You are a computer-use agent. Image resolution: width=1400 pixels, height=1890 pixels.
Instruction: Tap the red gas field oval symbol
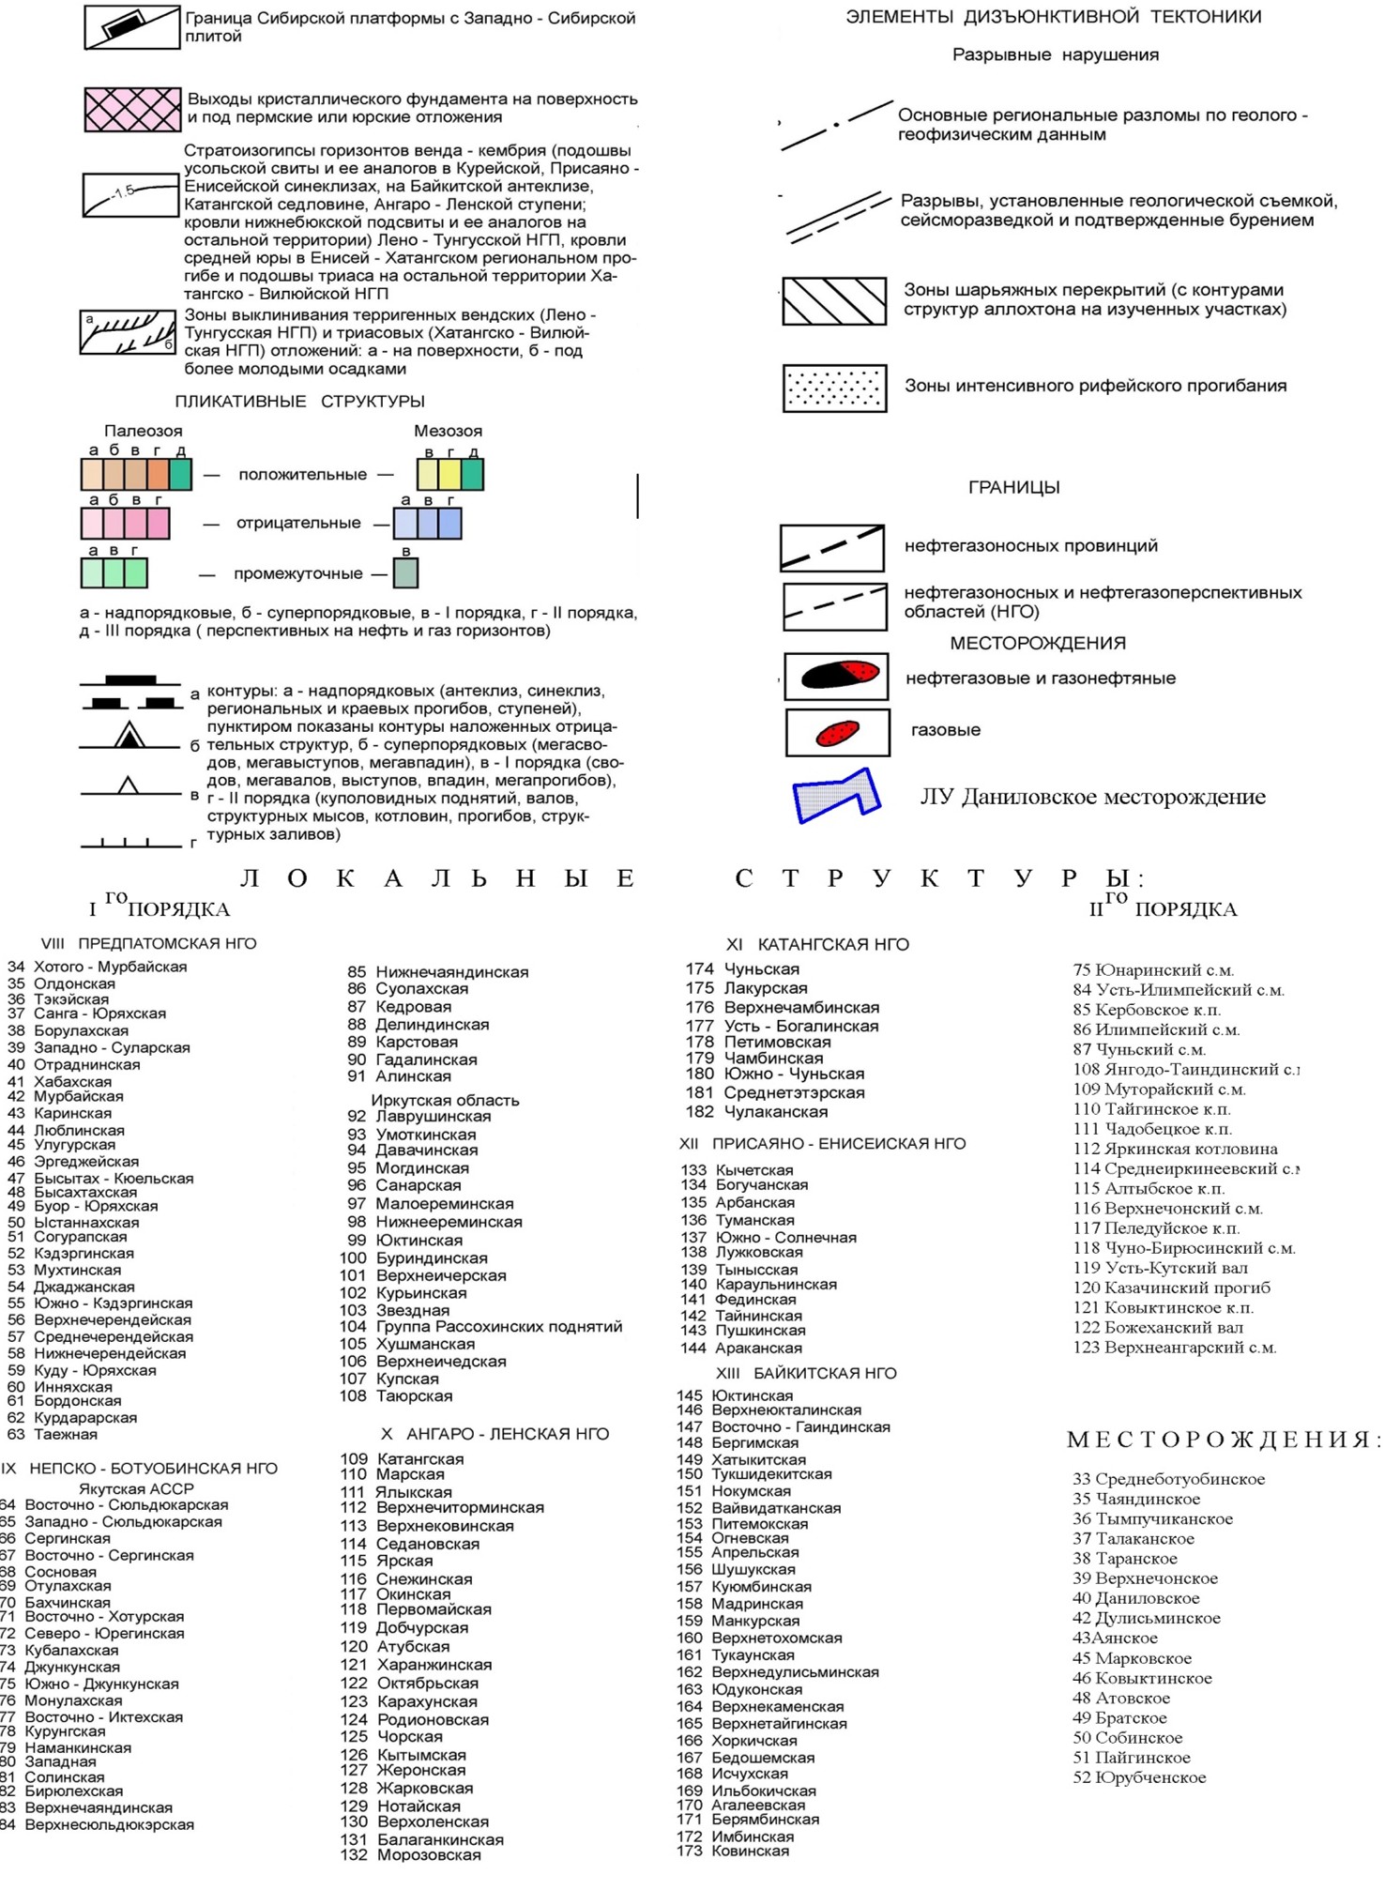837,732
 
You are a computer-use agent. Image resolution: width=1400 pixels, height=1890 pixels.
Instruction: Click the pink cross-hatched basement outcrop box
132,109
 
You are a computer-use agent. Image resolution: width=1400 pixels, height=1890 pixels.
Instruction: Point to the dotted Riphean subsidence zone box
834,388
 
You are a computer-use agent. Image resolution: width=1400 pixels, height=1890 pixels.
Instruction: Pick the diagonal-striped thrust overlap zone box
834,300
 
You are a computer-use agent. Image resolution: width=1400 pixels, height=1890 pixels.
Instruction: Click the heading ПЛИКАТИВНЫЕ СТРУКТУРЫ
299,402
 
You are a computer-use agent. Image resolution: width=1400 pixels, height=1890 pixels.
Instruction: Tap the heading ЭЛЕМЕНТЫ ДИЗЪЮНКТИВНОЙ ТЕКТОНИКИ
1053,17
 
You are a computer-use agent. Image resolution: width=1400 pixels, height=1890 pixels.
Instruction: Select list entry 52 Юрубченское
1139,1777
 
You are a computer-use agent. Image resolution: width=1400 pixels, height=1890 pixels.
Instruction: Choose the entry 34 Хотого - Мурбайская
98,967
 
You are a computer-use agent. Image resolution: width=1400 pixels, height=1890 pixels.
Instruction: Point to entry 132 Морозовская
411,1854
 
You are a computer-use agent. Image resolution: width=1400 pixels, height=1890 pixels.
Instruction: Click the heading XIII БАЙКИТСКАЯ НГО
805,1373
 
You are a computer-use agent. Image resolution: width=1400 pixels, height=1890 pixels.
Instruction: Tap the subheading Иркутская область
445,1100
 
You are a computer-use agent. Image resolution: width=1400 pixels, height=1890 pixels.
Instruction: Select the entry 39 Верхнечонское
1145,1578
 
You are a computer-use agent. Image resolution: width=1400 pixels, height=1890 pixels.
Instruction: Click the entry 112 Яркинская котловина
1175,1149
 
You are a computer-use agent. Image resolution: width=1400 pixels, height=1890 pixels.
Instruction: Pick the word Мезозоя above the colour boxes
448,431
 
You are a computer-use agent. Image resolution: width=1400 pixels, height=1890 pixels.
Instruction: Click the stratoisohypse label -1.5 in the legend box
123,191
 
